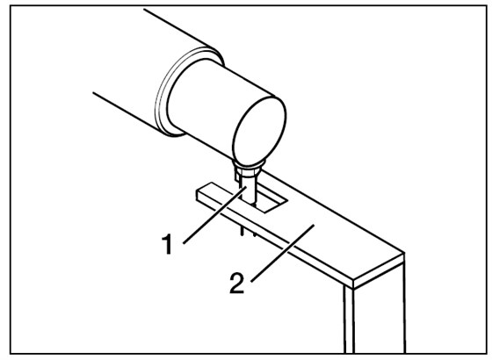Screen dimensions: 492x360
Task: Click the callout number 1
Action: point(168,244)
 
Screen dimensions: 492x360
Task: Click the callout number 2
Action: point(237,283)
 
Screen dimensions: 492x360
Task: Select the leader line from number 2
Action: point(283,254)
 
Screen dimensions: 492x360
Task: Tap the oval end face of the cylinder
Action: point(259,131)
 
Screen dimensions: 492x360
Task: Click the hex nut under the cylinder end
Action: point(248,171)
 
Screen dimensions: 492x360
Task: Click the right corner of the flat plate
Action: point(404,253)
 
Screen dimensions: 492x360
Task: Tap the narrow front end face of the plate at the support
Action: point(379,271)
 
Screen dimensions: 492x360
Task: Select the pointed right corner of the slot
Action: point(287,201)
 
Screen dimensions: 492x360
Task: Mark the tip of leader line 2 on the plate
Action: point(315,225)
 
